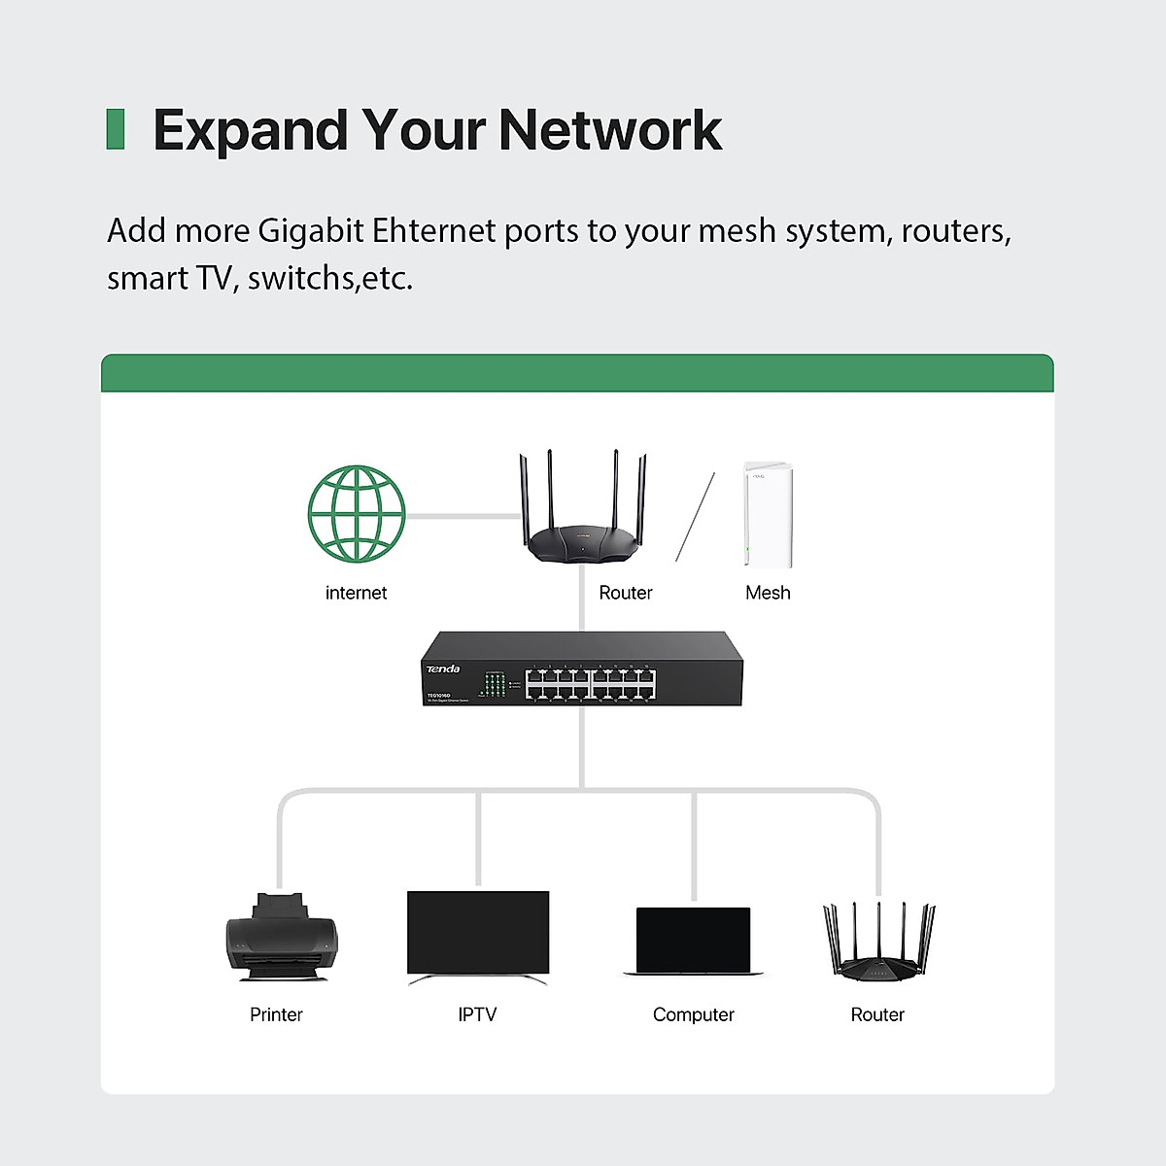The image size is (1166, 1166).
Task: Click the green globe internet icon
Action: [x=357, y=513]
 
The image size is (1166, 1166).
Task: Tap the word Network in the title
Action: [x=610, y=130]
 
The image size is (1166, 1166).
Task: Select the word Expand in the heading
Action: [x=251, y=130]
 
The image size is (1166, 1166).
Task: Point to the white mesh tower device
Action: [x=768, y=515]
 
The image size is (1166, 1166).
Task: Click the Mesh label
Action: [x=768, y=593]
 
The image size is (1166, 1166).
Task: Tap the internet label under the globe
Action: [x=356, y=593]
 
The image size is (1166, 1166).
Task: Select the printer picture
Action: [x=282, y=938]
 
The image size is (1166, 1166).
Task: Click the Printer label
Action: [x=276, y=1014]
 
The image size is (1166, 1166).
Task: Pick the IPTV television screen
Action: [x=478, y=933]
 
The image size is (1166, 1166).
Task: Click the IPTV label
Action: [x=477, y=1014]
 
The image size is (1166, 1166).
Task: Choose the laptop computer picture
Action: [x=693, y=941]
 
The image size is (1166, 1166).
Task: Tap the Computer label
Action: [x=693, y=1014]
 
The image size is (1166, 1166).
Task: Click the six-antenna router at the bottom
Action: [x=878, y=941]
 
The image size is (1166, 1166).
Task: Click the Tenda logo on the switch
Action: [x=443, y=669]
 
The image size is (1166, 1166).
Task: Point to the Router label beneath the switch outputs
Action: [x=877, y=1014]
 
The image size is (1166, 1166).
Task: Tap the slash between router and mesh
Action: [x=696, y=517]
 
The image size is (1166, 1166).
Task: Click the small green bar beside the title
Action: [x=116, y=129]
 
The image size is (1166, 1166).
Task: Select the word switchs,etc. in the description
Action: [x=330, y=279]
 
